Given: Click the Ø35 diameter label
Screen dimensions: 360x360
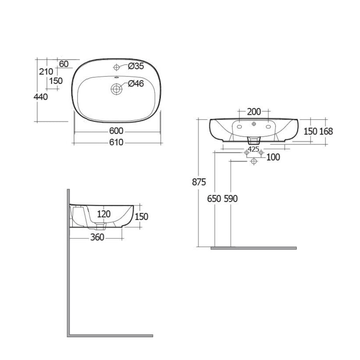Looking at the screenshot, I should point(136,66).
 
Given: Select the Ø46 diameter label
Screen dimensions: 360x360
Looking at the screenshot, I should point(136,84).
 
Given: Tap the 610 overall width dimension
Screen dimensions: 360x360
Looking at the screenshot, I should point(116,142).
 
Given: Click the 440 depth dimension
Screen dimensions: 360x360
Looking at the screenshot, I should point(41,97).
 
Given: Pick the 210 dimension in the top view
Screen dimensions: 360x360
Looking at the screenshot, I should point(46,72).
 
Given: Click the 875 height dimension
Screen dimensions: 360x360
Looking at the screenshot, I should point(199,182).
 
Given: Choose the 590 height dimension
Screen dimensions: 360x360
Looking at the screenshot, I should point(230,198).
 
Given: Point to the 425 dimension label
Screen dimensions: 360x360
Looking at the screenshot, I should point(253,149).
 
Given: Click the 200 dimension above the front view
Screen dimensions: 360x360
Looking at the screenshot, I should point(254,111).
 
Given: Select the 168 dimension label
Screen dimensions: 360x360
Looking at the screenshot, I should point(326,131).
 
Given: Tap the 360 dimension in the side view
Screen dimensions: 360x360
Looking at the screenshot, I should point(97,237).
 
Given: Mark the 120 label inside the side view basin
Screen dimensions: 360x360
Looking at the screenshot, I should point(104,214).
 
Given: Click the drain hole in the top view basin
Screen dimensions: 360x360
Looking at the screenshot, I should point(116,89).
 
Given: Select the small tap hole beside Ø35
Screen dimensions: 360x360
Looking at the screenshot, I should point(116,67).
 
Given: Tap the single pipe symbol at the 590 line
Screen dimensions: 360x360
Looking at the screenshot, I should point(254,161).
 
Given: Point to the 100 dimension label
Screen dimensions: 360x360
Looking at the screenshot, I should point(273,157).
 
